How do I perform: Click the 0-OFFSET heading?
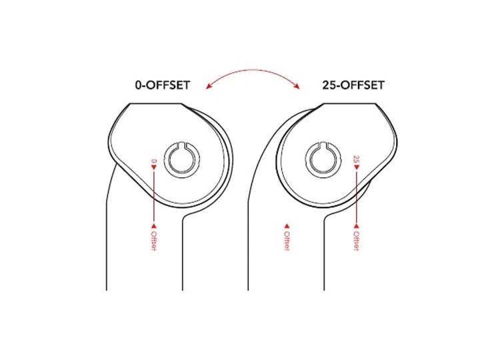click(162, 86)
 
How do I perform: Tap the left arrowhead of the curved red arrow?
click(209, 85)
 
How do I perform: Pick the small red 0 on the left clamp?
click(154, 161)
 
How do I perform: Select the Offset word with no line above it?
click(287, 241)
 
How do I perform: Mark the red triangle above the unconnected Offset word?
click(287, 226)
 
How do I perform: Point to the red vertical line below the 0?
click(154, 197)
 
